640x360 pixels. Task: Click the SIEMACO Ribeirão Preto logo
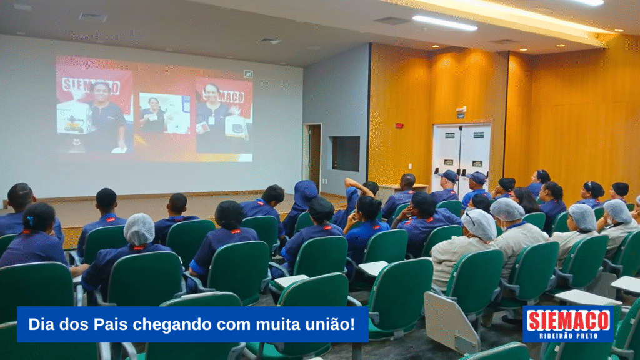point(568,324)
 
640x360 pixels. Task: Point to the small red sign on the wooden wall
point(399,125)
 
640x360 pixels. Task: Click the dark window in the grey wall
point(345,154)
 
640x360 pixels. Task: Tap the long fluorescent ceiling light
point(444,23)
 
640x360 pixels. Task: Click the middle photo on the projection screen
point(164,113)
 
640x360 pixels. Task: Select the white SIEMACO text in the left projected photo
point(91,86)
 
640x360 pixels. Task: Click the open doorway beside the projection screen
point(314,157)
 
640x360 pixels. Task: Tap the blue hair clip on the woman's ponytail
point(31,222)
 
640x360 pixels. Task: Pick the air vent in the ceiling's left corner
point(93,17)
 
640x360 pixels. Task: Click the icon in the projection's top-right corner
point(248,74)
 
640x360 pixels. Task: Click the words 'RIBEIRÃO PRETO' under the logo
point(569,336)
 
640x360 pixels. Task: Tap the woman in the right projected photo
point(213,116)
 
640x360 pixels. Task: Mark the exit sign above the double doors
point(461,111)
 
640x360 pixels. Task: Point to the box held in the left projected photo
point(74,117)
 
